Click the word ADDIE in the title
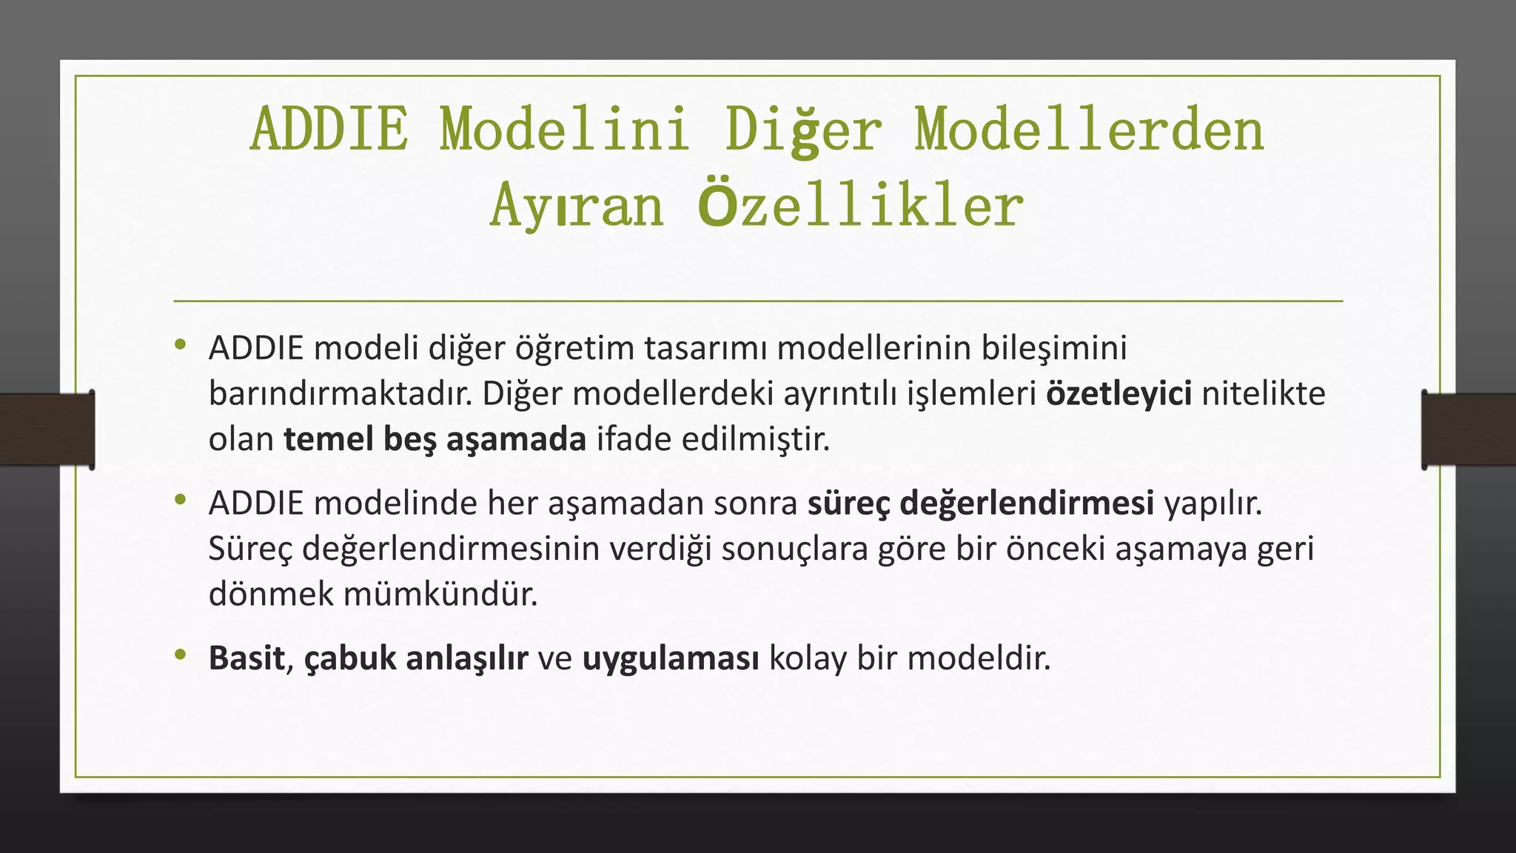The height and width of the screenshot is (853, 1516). (x=329, y=130)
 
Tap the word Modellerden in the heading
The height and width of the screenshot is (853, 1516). (x=1089, y=130)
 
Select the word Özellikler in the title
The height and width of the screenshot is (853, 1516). (x=860, y=206)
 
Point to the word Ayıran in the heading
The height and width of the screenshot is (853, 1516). (x=577, y=206)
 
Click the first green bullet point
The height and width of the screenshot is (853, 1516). (x=180, y=344)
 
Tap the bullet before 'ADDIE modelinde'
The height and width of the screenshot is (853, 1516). (x=180, y=500)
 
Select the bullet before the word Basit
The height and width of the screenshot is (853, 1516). (x=180, y=655)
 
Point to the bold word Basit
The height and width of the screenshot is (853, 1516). (x=246, y=658)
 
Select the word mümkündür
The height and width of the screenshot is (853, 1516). (x=440, y=594)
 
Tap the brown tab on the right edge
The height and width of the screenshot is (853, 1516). (x=1469, y=429)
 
